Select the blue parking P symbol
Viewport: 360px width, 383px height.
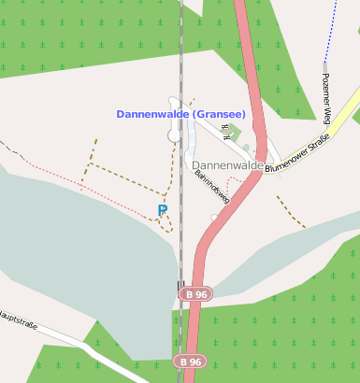[163, 211]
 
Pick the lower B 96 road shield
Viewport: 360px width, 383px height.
[191, 361]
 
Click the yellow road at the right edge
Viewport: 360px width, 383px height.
[348, 108]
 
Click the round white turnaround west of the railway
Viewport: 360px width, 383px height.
[174, 136]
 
